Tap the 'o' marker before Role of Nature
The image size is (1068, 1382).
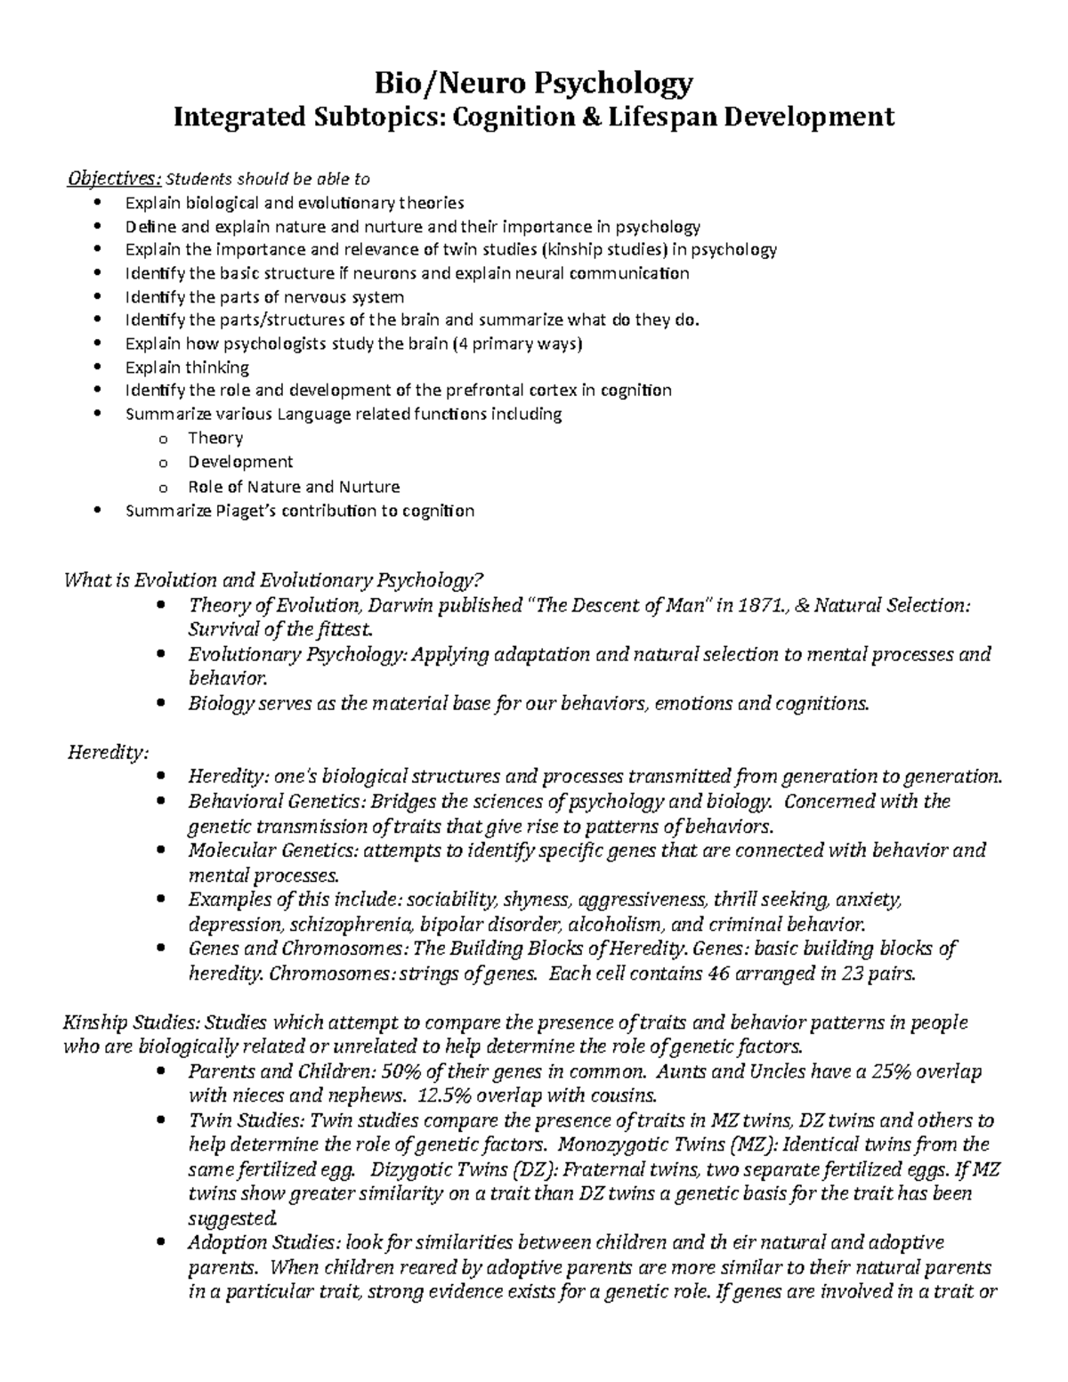point(162,488)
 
